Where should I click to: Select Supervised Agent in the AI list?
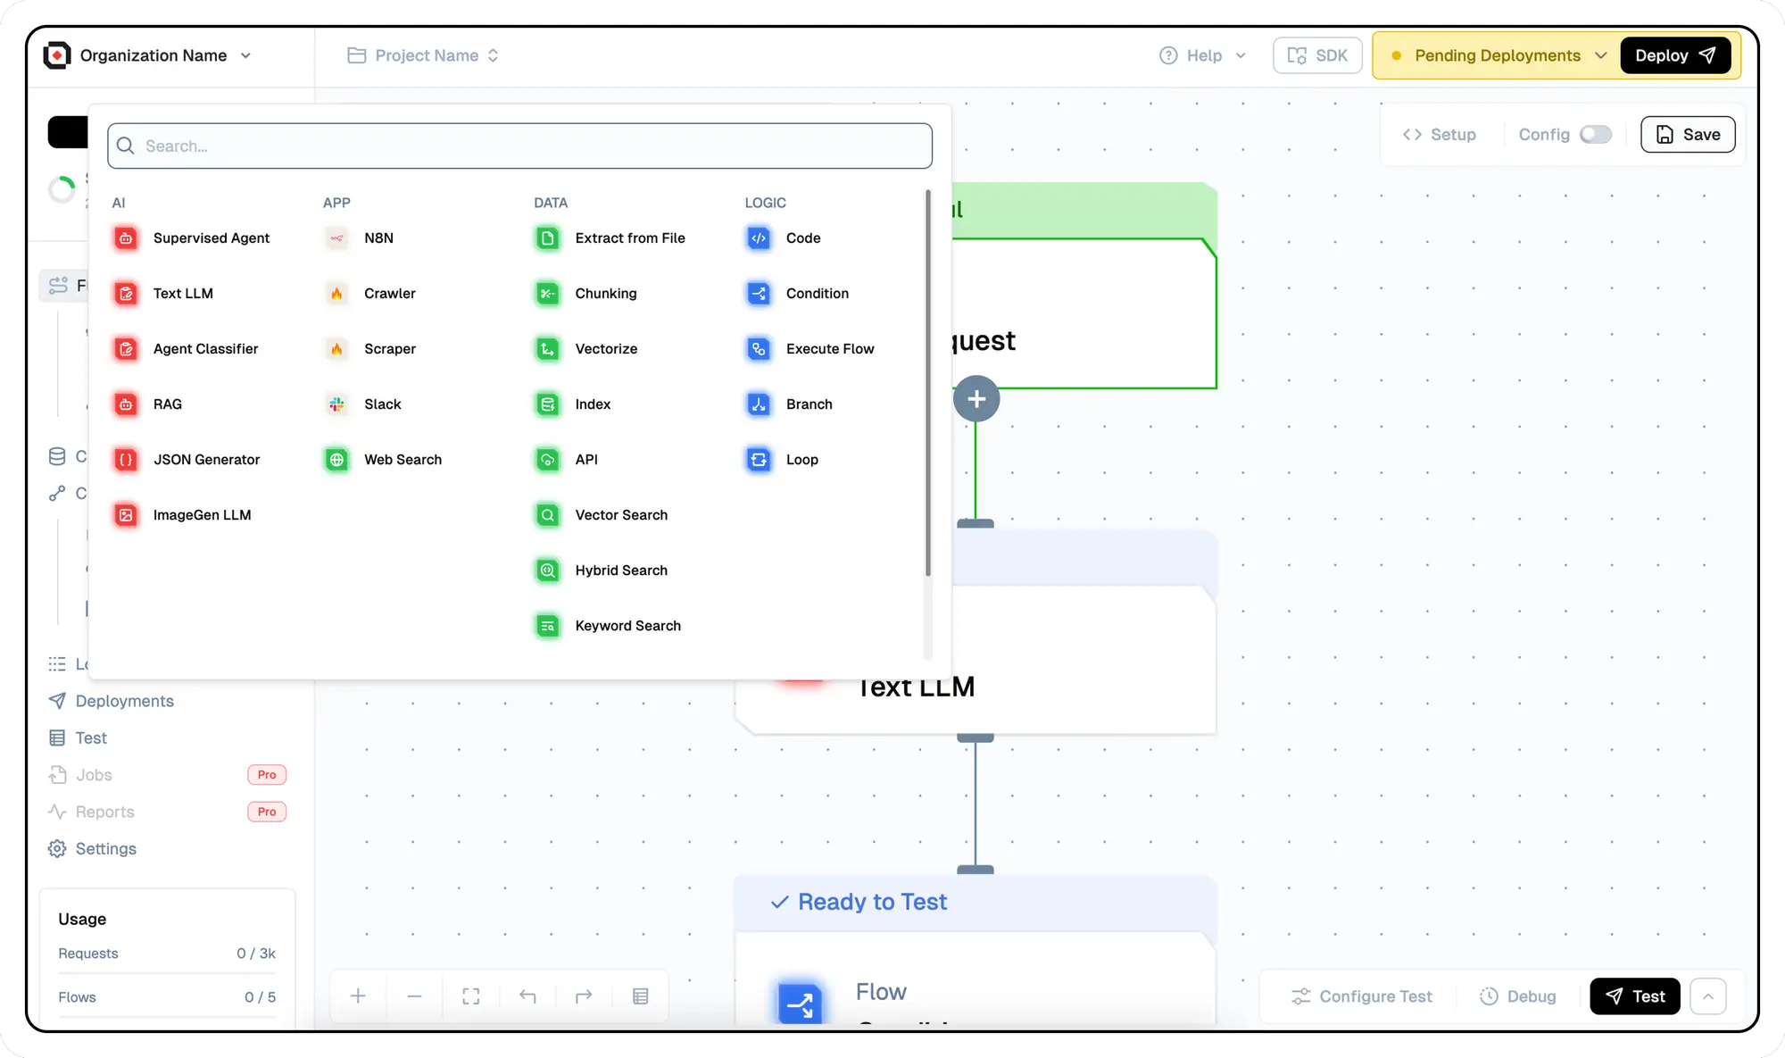click(x=211, y=238)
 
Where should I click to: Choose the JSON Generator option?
click(x=206, y=460)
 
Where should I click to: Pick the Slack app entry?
click(x=382, y=404)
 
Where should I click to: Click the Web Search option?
click(x=403, y=460)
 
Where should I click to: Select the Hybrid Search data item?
click(x=620, y=571)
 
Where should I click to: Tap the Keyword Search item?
click(x=627, y=626)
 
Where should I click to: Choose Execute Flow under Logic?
click(x=829, y=349)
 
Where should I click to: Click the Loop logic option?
click(x=801, y=460)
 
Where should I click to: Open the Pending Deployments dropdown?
click(x=1499, y=55)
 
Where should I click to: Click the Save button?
click(x=1688, y=135)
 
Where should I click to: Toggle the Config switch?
click(x=1595, y=135)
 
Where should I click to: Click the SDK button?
click(x=1317, y=55)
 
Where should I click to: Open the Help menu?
click(x=1202, y=55)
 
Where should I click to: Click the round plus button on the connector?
click(x=976, y=399)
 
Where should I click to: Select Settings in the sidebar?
click(x=105, y=849)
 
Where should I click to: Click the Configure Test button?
click(x=1362, y=996)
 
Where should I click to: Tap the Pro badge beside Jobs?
click(x=267, y=775)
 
